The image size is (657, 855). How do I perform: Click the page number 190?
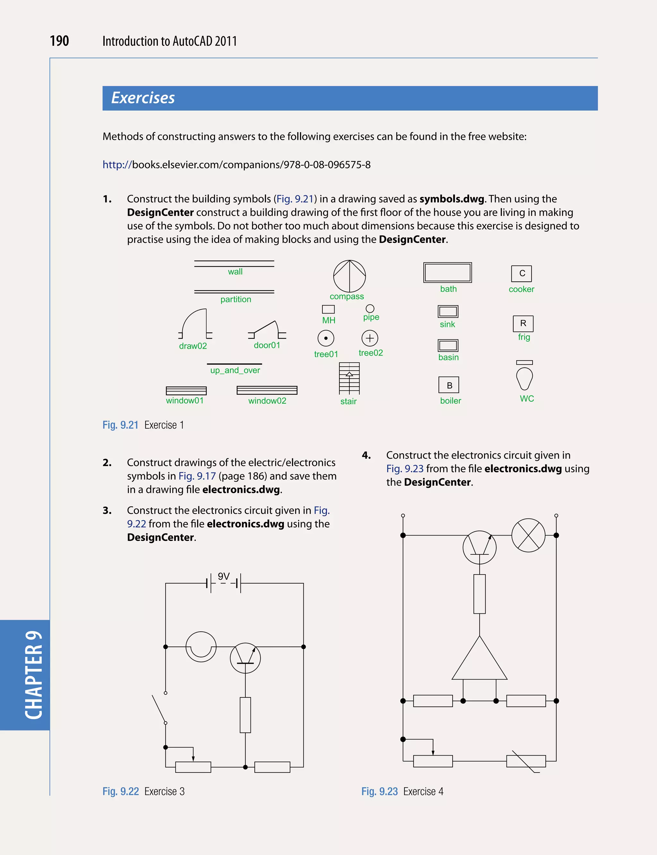click(x=59, y=41)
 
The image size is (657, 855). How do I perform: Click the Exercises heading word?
click(x=143, y=98)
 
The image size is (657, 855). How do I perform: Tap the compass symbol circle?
click(x=349, y=276)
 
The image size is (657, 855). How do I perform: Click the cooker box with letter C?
click(x=521, y=273)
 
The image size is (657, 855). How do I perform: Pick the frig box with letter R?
click(x=523, y=323)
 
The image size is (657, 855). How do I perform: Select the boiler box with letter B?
click(x=448, y=385)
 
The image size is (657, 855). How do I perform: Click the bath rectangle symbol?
click(x=448, y=273)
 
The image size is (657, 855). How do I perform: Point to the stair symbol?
click(x=349, y=378)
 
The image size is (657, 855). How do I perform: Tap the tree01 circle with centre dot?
click(x=326, y=338)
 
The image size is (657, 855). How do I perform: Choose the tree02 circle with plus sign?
click(x=370, y=338)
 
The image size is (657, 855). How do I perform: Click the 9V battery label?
click(x=224, y=576)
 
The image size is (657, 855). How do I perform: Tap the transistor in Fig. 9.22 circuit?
click(x=245, y=658)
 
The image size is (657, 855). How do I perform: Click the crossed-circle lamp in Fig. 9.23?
click(x=528, y=535)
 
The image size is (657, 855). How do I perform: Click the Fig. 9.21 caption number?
click(x=120, y=425)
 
